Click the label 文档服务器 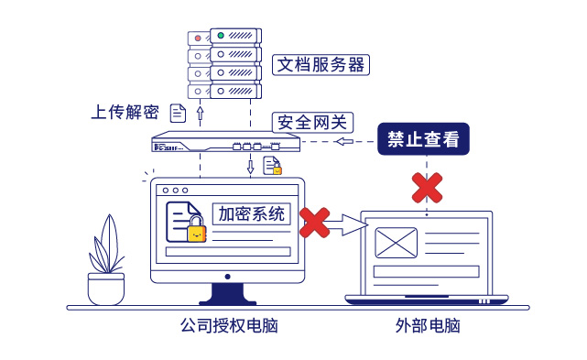pos(320,66)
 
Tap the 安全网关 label pos(311,122)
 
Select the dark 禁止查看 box pos(423,140)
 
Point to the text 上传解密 pos(125,113)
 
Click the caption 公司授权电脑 pos(229,327)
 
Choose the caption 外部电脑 pos(428,327)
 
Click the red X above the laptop pos(426,187)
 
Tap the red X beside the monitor pos(314,221)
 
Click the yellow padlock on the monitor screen pos(196,232)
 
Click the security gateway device pos(225,144)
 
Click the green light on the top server pos(220,37)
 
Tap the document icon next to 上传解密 pos(179,113)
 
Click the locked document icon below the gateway pos(272,166)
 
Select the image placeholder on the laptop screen pos(397,243)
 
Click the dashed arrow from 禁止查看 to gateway pos(355,141)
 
